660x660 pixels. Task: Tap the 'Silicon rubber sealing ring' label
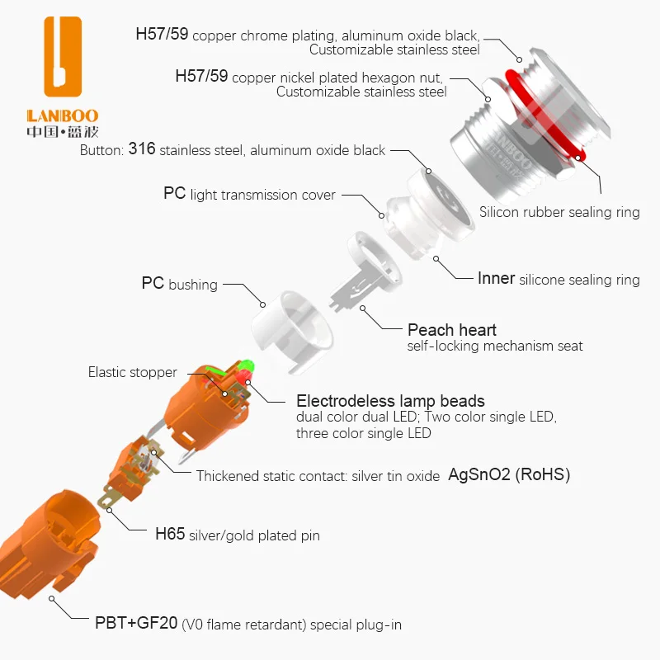tap(559, 212)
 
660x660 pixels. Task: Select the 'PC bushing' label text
tap(179, 284)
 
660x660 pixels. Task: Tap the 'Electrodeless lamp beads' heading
tap(390, 401)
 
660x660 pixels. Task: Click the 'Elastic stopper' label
tap(132, 372)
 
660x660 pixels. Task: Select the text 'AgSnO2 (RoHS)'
tap(509, 474)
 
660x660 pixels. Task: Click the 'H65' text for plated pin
tap(170, 535)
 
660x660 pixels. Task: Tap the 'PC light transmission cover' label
tap(249, 195)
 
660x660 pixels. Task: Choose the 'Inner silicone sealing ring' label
tap(559, 279)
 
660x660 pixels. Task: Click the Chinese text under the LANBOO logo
tap(62, 131)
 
